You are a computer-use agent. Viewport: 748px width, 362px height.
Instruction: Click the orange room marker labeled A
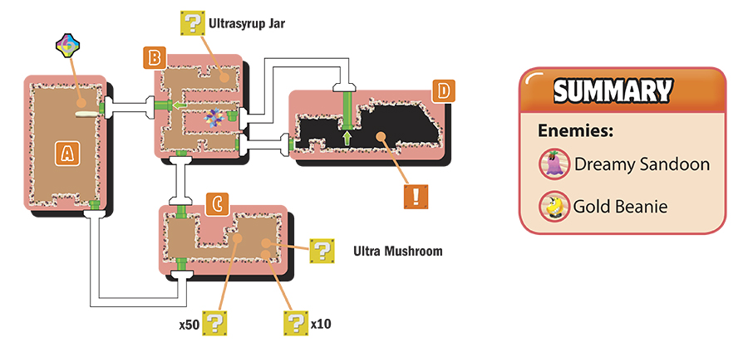pos(67,154)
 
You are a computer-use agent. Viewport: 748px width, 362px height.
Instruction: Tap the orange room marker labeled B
pos(154,57)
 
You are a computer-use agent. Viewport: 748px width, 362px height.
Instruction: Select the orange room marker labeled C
pos(217,204)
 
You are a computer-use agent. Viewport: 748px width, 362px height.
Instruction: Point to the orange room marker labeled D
pos(444,91)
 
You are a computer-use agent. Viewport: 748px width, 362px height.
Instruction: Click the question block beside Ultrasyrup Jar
pos(193,23)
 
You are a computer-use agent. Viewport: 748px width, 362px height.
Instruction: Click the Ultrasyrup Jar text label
pos(247,23)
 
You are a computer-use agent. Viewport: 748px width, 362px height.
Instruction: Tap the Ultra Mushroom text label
pos(398,251)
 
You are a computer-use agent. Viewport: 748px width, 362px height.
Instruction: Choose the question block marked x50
pos(214,324)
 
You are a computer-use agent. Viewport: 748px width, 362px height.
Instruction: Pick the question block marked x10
pos(296,324)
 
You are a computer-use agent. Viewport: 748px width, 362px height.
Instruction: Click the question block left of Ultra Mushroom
pos(322,251)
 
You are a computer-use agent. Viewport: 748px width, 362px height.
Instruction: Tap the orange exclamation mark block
pos(416,196)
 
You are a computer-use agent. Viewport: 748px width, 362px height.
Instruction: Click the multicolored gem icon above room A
pos(68,46)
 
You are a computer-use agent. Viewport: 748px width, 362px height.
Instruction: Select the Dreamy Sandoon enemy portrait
pos(555,164)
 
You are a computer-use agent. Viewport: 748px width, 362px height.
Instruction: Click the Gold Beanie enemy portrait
pos(555,206)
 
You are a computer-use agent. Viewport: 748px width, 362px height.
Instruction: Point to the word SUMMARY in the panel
pos(613,90)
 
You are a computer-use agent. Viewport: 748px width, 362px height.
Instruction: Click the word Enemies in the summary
pos(575,130)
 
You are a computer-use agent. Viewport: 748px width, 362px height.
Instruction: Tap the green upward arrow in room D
pos(347,138)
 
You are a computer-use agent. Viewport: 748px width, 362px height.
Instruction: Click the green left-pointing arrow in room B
pos(180,105)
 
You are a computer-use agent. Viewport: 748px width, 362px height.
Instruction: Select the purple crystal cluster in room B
pos(214,117)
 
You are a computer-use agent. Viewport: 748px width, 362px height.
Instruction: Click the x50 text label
pos(189,325)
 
